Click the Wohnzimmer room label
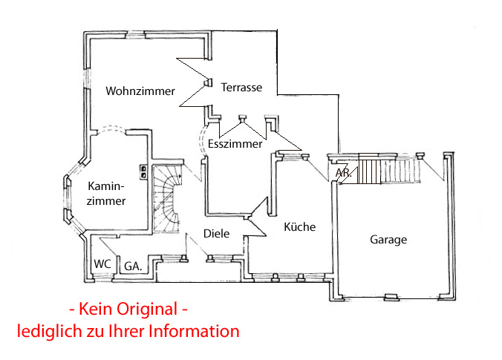(140, 91)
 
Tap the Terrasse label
(241, 88)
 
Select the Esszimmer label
(235, 144)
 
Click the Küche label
(300, 226)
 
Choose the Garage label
(388, 240)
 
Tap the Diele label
(216, 234)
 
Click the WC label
(102, 264)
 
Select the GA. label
(133, 265)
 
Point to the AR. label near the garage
(343, 173)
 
